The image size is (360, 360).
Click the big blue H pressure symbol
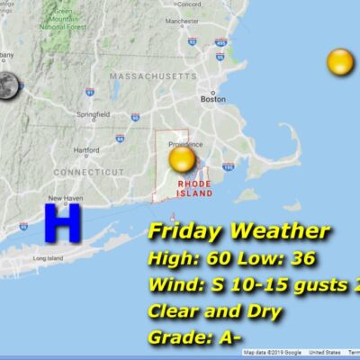tap(62, 222)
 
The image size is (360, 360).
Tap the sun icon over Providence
tap(182, 160)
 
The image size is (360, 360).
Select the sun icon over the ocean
tap(340, 62)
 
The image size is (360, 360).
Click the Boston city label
tap(212, 100)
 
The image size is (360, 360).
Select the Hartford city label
tap(86, 150)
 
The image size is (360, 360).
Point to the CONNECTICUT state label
tap(88, 171)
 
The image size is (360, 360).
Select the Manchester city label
tap(183, 21)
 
